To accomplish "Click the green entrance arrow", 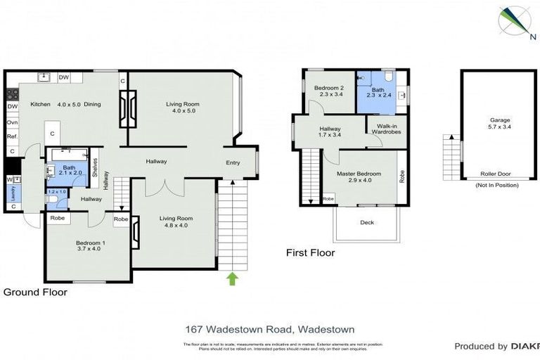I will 232,279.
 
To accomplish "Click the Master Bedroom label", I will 359,174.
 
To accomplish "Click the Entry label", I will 233,163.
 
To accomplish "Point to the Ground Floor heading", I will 35,292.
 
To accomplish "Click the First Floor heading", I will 310,252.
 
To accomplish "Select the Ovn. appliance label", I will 12,122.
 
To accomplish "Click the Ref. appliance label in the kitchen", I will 12,136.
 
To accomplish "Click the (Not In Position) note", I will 497,185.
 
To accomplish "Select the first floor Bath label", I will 378,89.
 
